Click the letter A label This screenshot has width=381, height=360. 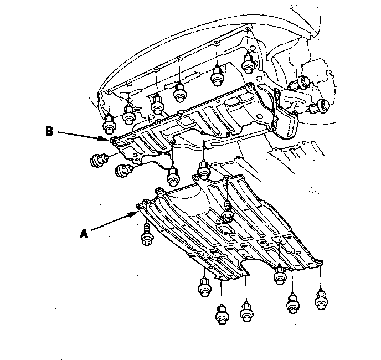[x=84, y=234]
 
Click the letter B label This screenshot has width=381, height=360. [x=49, y=132]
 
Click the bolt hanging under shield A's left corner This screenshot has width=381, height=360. [x=147, y=236]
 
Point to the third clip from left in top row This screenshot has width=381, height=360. [x=157, y=104]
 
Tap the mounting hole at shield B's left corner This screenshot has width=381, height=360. [x=114, y=141]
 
